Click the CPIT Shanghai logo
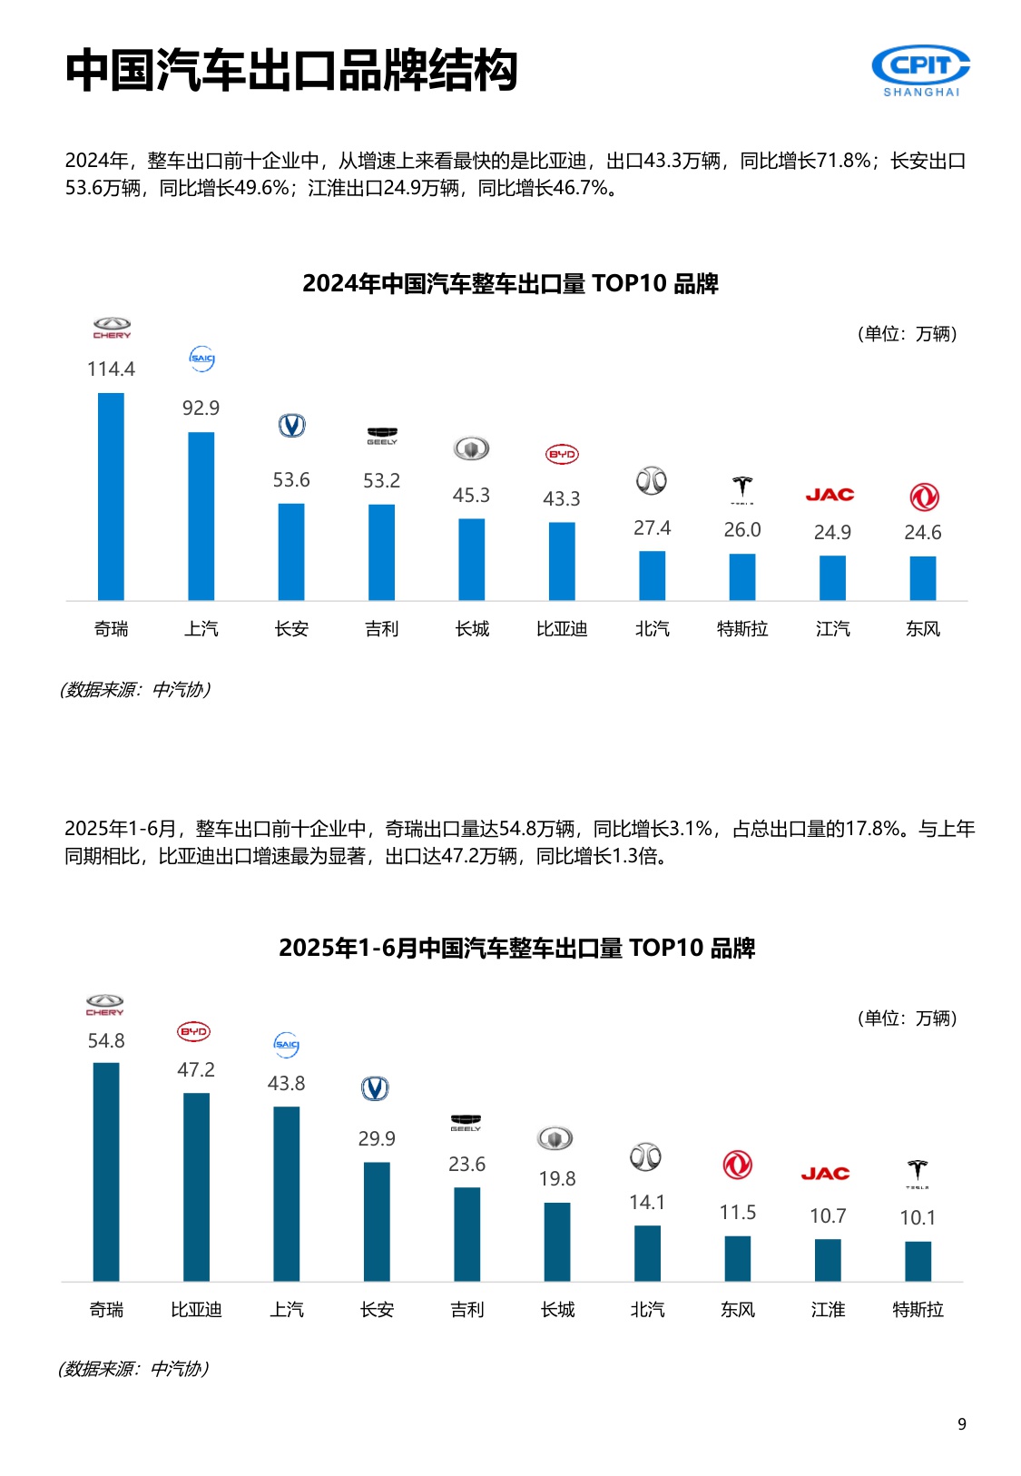(x=920, y=70)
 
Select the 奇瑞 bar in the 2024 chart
(x=111, y=497)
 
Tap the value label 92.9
(x=201, y=408)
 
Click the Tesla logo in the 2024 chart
(x=742, y=489)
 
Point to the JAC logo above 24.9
(x=830, y=495)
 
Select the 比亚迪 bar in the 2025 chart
(x=196, y=1186)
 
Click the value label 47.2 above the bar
(x=196, y=1070)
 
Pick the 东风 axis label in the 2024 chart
(x=923, y=629)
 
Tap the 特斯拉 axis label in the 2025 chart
(x=918, y=1310)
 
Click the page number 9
(x=962, y=1424)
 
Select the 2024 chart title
(x=510, y=284)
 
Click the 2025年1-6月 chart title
(x=516, y=949)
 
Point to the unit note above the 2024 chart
(x=907, y=334)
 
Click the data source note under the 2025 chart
(x=134, y=1369)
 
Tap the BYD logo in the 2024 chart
(x=562, y=454)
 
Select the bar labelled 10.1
(x=918, y=1261)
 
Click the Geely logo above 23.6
(x=466, y=1123)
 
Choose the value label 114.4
(x=111, y=369)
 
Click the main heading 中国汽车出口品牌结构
(x=291, y=70)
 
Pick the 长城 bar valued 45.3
(x=471, y=559)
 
